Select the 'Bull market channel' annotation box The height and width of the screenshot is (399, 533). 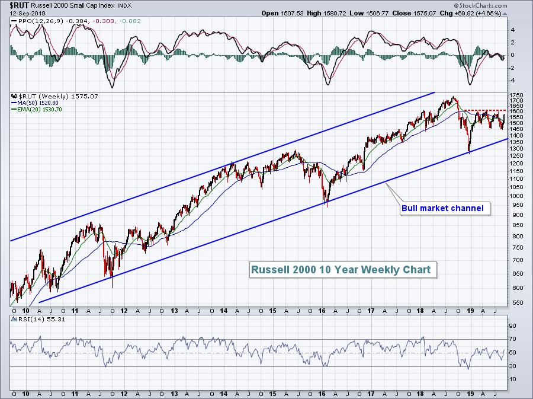[442, 208]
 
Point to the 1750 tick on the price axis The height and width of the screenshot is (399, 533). [516, 95]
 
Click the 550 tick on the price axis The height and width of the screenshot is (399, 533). [516, 302]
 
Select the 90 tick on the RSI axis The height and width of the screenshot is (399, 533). [513, 325]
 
